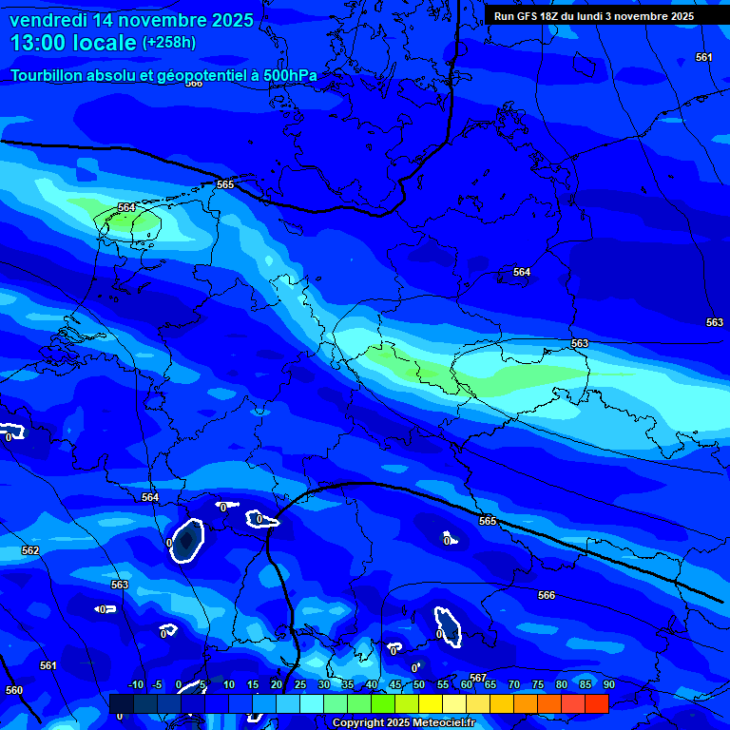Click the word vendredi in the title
[48, 20]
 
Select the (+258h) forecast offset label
[169, 43]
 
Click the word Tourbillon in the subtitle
[47, 75]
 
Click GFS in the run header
[530, 16]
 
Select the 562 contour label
[30, 550]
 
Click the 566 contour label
[547, 595]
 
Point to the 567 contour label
[478, 678]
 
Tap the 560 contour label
[14, 690]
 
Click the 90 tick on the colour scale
[608, 684]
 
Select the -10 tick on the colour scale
[135, 684]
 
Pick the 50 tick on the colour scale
[419, 684]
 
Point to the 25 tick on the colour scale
[300, 684]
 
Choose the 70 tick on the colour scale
[514, 684]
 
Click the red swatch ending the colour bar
[596, 703]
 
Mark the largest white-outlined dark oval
[187, 541]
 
